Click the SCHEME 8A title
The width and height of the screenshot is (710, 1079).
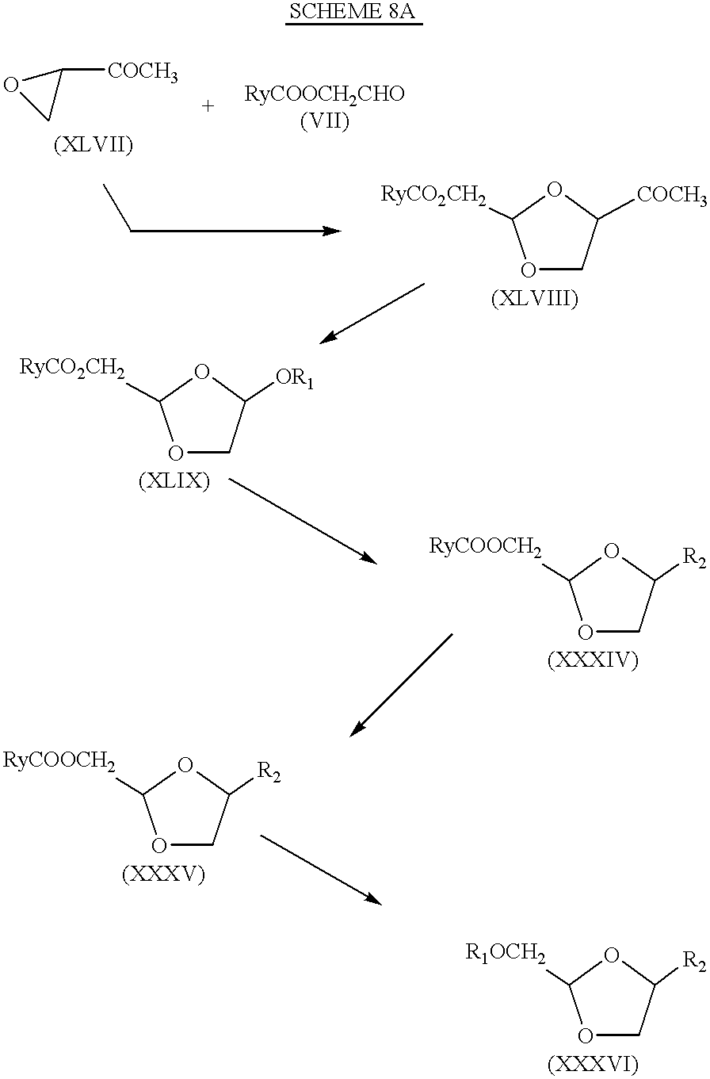[354, 12]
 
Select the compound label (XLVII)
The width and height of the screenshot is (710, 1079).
[94, 144]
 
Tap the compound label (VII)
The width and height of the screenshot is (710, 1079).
[324, 121]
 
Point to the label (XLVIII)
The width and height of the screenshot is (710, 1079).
[534, 299]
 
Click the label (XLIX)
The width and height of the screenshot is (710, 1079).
[174, 480]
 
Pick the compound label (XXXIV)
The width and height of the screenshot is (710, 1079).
[593, 660]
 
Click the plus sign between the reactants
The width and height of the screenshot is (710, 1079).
[208, 106]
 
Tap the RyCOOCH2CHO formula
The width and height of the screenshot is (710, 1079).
[324, 94]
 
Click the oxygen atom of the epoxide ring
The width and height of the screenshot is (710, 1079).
[11, 86]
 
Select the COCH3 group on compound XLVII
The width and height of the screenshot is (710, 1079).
[143, 72]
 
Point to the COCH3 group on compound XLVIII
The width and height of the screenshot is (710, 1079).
[672, 196]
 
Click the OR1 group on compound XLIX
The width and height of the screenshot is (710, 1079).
[295, 379]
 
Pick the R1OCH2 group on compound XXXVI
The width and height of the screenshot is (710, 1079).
[506, 953]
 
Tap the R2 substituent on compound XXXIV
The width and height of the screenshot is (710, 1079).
[694, 558]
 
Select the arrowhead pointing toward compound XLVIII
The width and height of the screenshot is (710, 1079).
[332, 231]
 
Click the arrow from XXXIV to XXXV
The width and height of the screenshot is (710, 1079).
[401, 685]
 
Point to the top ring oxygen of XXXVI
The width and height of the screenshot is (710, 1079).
[611, 954]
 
